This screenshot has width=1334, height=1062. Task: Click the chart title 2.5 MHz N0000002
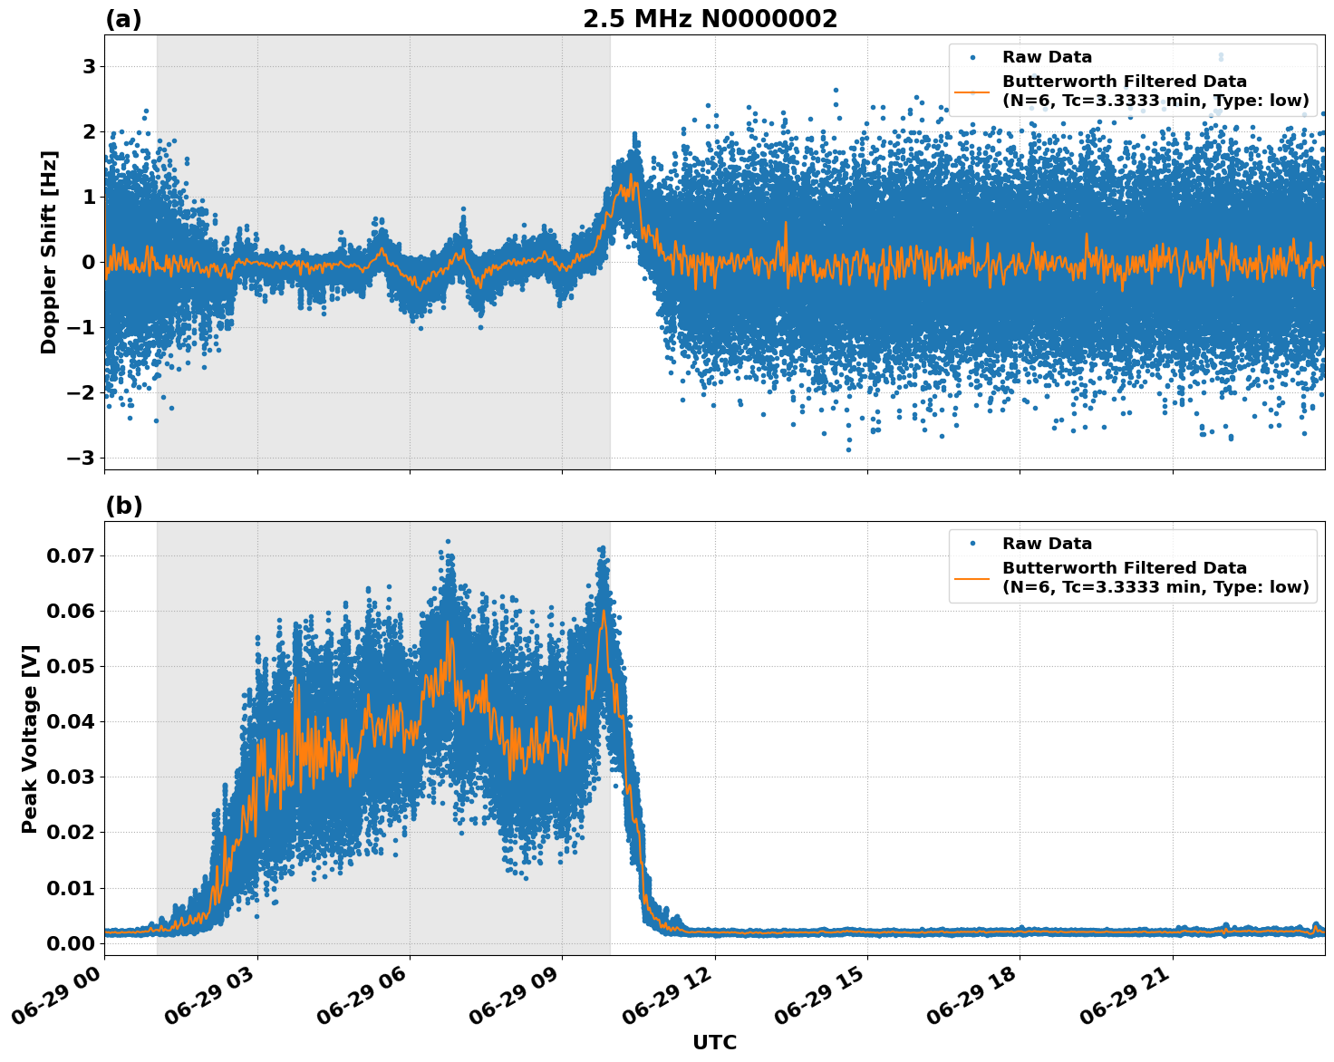point(710,19)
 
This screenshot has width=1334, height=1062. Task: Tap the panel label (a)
point(123,19)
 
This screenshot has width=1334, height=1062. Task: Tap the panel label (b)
point(123,506)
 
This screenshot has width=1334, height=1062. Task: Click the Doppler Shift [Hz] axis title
point(49,252)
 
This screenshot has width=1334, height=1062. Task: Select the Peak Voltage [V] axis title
point(30,739)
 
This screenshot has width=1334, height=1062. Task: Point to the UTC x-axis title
point(714,1042)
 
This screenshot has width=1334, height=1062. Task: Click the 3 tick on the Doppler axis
point(89,67)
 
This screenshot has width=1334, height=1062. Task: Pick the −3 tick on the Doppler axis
point(82,458)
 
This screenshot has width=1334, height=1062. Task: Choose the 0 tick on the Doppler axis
point(89,263)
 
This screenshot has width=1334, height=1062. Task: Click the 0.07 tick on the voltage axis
point(70,555)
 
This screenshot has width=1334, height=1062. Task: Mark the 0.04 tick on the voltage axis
point(70,722)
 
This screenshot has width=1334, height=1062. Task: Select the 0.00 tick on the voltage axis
point(70,943)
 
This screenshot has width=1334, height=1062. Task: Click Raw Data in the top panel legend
point(1047,57)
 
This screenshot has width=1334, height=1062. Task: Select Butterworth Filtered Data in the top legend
point(1124,82)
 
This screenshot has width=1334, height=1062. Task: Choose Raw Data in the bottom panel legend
point(1047,544)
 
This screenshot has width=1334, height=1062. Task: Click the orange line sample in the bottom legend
point(973,577)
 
